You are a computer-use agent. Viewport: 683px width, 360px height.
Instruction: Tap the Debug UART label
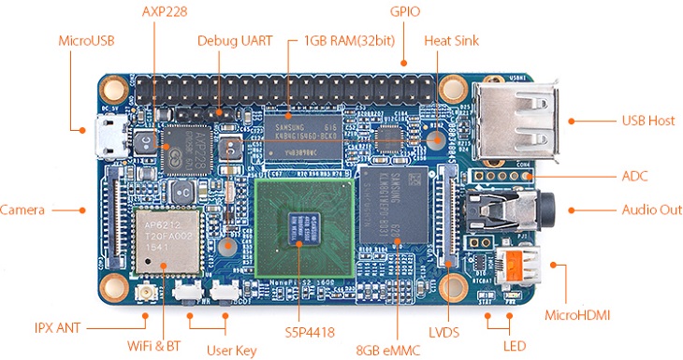click(235, 41)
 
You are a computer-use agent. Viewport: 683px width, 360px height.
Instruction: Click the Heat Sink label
click(453, 41)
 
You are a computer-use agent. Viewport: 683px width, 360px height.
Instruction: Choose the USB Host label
click(648, 121)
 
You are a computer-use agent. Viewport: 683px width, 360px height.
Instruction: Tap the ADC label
click(635, 176)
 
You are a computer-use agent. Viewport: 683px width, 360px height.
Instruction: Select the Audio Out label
click(652, 209)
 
